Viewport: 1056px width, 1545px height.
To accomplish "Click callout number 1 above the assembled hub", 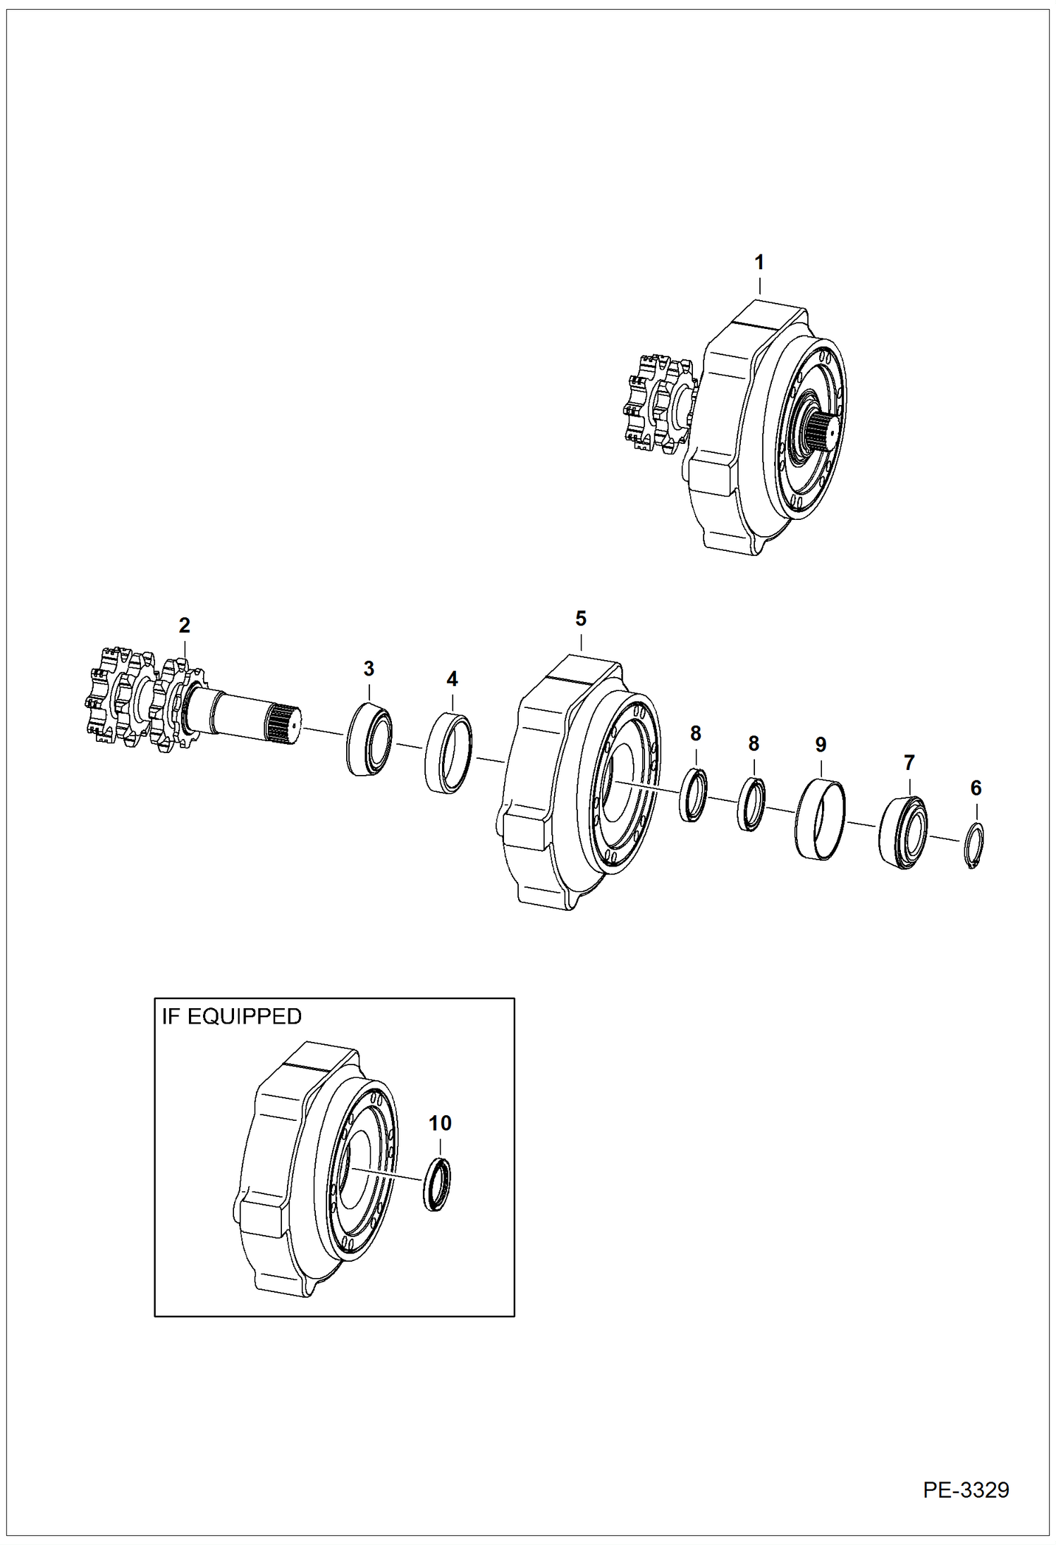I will (759, 263).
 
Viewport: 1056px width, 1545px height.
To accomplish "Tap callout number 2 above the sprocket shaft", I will (184, 625).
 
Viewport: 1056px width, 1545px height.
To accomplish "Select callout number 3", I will (369, 669).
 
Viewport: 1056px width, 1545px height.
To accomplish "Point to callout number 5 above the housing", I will (580, 619).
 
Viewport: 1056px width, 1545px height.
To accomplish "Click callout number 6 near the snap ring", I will (976, 788).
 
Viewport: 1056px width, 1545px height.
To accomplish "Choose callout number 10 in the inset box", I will (440, 1123).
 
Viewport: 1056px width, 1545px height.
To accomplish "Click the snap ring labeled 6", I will (974, 845).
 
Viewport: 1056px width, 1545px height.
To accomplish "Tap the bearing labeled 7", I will (904, 832).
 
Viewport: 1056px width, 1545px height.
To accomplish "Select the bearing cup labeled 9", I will (821, 818).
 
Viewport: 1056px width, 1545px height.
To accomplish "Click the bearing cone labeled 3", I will (369, 739).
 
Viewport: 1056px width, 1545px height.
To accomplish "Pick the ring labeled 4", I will (449, 753).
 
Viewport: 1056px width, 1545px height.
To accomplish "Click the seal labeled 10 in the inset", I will (438, 1184).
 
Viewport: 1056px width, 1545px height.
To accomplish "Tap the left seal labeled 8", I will (693, 795).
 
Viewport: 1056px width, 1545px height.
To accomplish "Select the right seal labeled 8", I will (751, 804).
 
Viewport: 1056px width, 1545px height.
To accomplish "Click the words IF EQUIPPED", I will (232, 1017).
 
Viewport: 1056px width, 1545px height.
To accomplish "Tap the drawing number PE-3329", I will (966, 1490).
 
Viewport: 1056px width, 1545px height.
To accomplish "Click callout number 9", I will (821, 745).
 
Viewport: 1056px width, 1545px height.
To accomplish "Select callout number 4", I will (452, 679).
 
